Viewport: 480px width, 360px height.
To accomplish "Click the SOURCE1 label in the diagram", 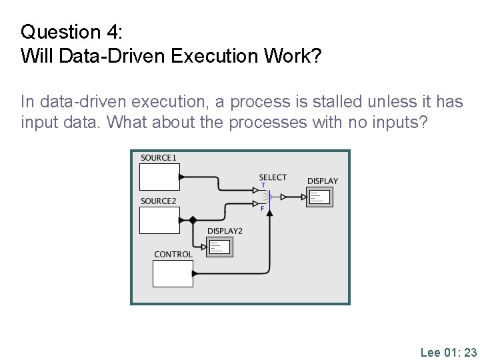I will [x=158, y=158].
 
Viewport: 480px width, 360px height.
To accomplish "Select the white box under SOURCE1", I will [x=159, y=177].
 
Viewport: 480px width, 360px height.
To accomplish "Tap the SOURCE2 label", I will [x=159, y=201].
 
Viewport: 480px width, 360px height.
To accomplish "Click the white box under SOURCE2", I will [x=159, y=220].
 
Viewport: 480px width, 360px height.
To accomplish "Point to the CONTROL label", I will [x=173, y=255].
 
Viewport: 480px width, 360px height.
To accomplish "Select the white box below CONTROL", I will [x=173, y=274].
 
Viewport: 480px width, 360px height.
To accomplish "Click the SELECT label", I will [x=273, y=177].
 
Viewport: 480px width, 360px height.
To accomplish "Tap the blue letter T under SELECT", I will [x=263, y=185].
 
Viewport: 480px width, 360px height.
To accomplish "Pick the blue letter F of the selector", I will [x=263, y=209].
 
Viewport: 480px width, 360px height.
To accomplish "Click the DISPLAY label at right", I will [x=322, y=181].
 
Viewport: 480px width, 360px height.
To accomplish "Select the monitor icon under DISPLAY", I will [x=319, y=197].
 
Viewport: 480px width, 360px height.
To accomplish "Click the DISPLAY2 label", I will [x=225, y=231].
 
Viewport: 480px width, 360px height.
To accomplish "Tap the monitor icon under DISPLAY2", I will [x=219, y=247].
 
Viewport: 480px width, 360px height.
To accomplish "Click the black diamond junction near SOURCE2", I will [x=193, y=220].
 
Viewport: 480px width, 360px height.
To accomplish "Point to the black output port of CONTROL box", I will [x=195, y=273].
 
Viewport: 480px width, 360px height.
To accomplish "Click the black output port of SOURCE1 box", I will [x=181, y=177].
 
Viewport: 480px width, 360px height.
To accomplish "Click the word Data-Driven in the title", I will [x=113, y=55].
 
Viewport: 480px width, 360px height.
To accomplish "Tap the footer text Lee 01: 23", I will [x=448, y=353].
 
